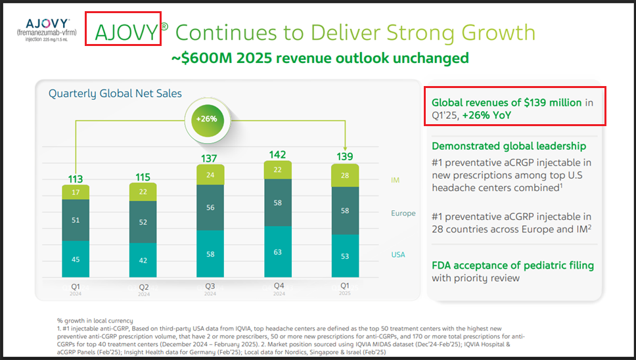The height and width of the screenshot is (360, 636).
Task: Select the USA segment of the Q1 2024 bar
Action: pos(76,258)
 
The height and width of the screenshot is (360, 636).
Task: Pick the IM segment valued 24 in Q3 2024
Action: pos(210,175)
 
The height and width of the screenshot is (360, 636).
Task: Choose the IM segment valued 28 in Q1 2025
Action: pos(346,175)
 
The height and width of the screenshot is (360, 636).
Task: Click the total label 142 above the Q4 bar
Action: pos(278,154)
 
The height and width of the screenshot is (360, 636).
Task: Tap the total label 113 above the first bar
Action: pos(76,179)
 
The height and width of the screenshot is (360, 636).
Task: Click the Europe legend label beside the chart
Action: pos(403,213)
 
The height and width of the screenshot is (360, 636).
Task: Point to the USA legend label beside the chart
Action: pos(398,254)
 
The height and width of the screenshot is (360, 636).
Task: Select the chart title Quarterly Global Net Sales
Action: pos(115,94)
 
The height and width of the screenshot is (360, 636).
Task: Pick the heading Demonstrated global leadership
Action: pos(509,146)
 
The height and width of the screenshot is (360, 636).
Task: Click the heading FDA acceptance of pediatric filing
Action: pos(512,265)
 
